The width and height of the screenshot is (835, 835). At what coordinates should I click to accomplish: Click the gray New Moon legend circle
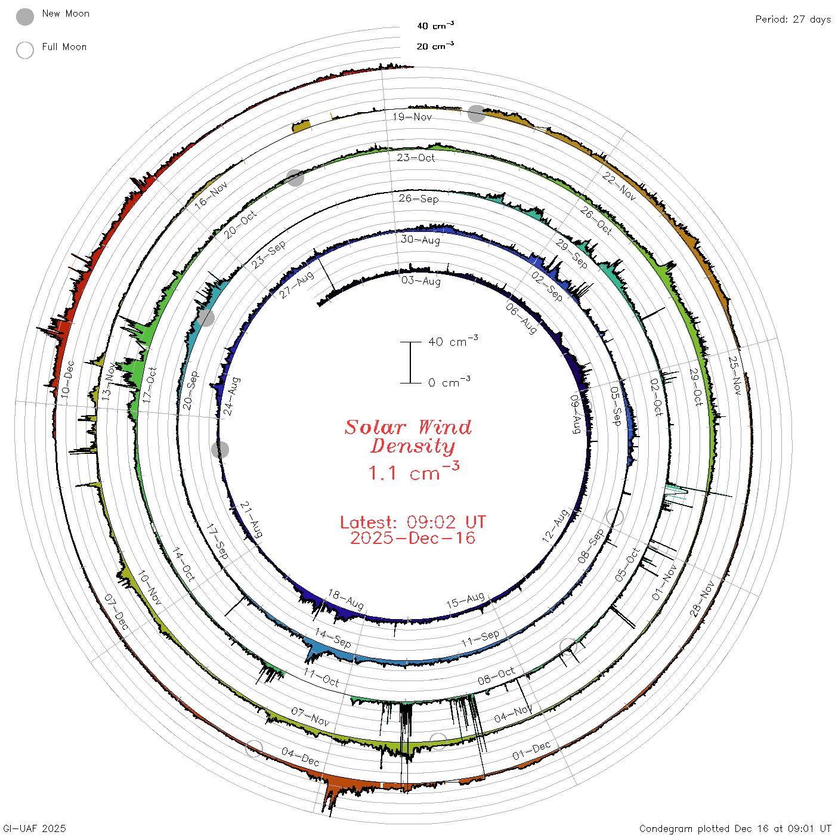(x=24, y=17)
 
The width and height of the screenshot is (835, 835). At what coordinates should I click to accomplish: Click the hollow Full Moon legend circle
(x=24, y=50)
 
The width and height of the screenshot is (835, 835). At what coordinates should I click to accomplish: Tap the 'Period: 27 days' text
(x=793, y=20)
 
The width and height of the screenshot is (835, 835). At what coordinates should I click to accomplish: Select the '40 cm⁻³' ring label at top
(x=435, y=25)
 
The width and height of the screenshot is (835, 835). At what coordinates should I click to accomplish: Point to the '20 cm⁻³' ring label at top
(x=435, y=45)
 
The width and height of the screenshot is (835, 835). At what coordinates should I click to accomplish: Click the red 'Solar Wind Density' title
(x=408, y=437)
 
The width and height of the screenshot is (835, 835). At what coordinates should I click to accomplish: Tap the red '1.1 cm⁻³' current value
(x=413, y=471)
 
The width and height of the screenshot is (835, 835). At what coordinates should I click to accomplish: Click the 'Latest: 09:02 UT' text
(x=413, y=522)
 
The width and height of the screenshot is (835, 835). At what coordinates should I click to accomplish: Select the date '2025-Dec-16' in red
(x=413, y=538)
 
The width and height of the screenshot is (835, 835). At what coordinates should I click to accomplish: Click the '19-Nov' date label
(x=412, y=117)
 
